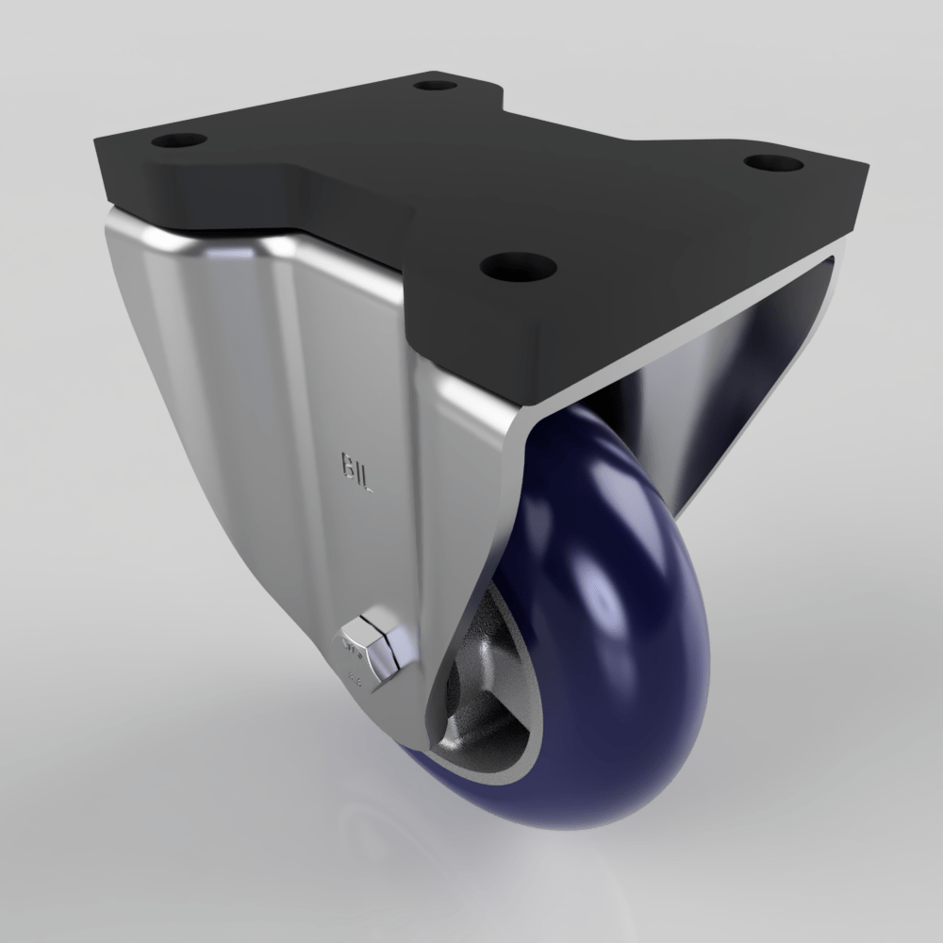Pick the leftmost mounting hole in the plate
[x=179, y=142]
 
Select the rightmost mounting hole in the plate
[x=773, y=163]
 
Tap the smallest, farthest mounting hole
[x=435, y=85]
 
